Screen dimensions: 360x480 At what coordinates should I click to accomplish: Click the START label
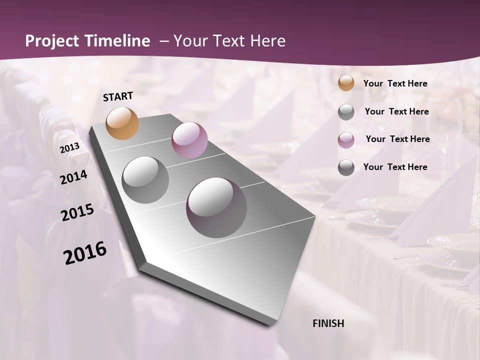pos(118,96)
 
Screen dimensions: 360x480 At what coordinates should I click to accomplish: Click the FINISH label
pos(328,323)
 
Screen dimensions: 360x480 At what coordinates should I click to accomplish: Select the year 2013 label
pos(69,148)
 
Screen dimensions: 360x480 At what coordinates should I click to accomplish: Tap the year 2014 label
pos(74,177)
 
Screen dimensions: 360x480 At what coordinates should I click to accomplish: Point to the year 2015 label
pos(77,212)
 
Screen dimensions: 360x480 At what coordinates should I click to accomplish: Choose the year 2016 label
pos(85,253)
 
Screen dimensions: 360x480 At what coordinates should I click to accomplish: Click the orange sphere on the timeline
pos(122,123)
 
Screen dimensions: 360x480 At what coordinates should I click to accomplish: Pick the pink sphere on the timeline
pos(189,140)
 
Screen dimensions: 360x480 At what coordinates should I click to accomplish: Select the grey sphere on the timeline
pos(145,179)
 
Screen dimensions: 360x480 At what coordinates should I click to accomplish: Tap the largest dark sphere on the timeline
pos(216,207)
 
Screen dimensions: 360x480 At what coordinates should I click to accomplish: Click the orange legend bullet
pos(346,83)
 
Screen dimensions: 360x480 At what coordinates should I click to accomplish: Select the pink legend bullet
pos(346,140)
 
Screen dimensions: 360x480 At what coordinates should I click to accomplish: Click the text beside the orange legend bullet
pos(395,83)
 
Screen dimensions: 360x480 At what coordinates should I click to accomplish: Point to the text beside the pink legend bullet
pos(398,139)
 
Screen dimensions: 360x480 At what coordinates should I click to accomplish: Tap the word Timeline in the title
pos(118,41)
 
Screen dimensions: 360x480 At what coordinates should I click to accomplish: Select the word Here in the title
pos(267,41)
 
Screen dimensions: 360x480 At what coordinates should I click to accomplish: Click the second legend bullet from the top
pos(346,112)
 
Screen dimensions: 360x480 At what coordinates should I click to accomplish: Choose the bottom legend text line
pos(395,167)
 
